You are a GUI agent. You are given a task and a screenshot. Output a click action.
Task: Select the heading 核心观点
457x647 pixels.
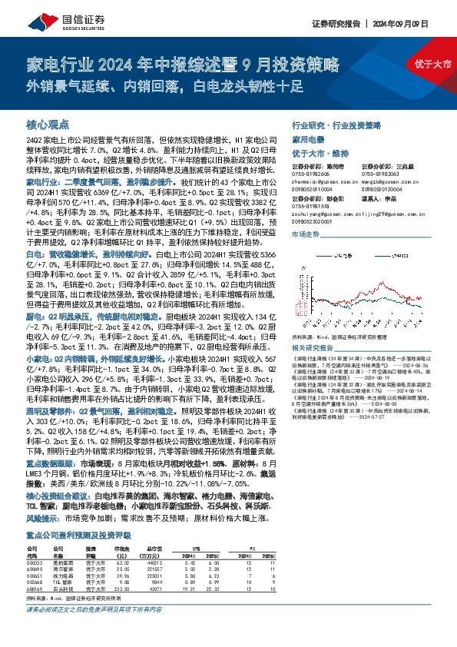coord(48,123)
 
